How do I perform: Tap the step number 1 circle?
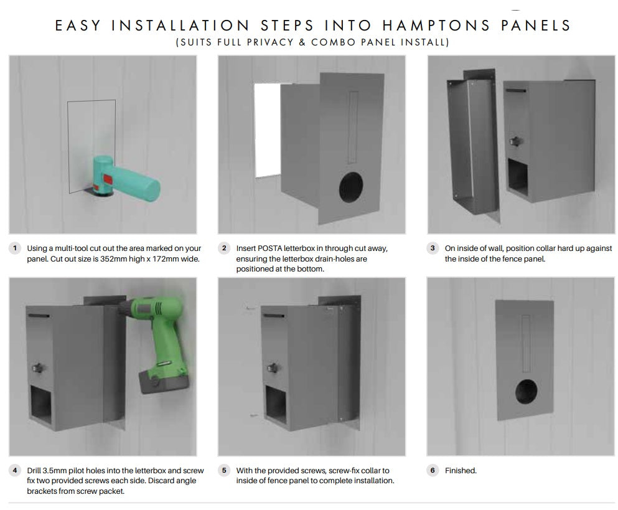(x=15, y=248)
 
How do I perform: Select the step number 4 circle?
(x=15, y=470)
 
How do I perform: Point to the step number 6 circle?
(x=433, y=470)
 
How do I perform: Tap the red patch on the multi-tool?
(x=108, y=179)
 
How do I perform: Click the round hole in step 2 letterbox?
(x=350, y=187)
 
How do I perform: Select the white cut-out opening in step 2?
(x=267, y=130)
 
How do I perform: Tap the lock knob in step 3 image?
(x=515, y=141)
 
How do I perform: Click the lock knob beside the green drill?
(x=37, y=369)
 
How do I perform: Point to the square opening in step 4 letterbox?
(x=40, y=405)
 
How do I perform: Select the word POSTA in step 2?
(x=269, y=248)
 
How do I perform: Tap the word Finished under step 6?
(x=461, y=471)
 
